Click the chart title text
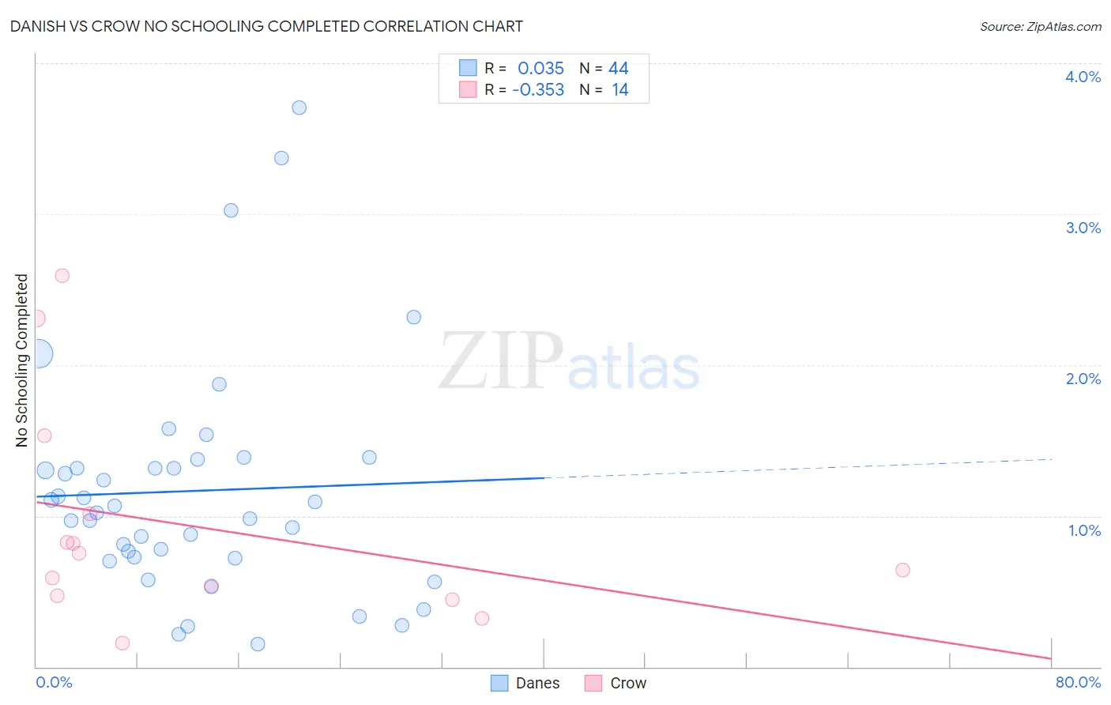tap(266, 26)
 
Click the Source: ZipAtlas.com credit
tap(1040, 26)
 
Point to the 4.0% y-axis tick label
tap(1083, 77)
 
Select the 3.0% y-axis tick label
tap(1083, 228)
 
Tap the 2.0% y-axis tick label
tap(1083, 379)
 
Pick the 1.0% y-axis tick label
tap(1084, 530)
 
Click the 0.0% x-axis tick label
tap(54, 682)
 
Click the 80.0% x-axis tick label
tap(1078, 682)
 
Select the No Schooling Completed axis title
tap(22, 360)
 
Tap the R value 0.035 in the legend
tap(540, 69)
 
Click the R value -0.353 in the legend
tap(538, 90)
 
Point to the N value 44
tap(618, 69)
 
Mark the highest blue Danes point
tap(299, 107)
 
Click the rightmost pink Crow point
tap(902, 570)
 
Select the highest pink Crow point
tap(62, 276)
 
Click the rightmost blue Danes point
tap(434, 582)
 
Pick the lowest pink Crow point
tap(122, 643)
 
